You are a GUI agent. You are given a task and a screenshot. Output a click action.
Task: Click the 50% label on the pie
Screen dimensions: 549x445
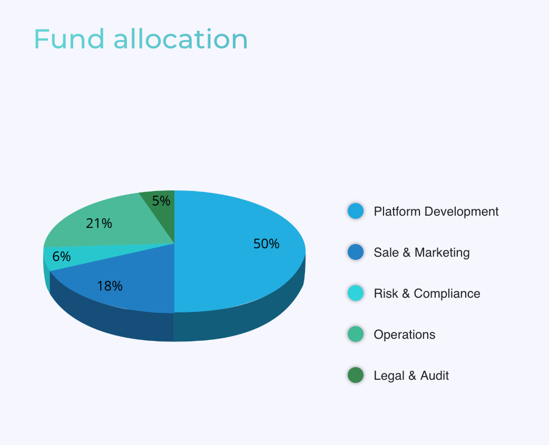point(266,244)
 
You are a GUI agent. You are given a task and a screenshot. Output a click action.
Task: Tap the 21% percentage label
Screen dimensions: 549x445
point(99,224)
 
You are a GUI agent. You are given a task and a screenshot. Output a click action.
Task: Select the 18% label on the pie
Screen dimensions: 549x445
point(110,286)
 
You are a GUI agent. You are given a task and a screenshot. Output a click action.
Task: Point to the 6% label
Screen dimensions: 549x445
point(61,257)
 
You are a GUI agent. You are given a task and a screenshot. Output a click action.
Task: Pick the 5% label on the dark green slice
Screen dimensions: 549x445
point(161,200)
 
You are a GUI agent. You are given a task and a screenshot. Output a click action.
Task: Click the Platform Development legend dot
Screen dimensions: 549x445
point(356,211)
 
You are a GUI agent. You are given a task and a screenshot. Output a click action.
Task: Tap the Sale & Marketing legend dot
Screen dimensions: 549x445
point(356,252)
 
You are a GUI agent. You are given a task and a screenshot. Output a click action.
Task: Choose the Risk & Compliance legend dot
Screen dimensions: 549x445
point(356,293)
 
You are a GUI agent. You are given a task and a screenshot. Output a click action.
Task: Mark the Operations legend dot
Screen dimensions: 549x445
point(356,334)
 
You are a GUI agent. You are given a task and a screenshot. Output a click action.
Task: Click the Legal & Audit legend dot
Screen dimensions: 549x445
point(356,375)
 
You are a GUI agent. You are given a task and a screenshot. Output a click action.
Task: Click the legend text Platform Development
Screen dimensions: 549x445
point(436,211)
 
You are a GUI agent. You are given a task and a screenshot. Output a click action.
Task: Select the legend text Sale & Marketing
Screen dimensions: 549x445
point(421,252)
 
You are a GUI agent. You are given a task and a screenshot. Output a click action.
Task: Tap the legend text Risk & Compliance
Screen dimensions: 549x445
point(427,294)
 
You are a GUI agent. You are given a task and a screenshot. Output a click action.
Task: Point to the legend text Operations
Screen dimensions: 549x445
point(405,335)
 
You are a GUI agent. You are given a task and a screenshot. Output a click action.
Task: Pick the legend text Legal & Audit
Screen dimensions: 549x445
point(411,376)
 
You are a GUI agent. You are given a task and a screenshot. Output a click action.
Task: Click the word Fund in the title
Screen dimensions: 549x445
point(69,39)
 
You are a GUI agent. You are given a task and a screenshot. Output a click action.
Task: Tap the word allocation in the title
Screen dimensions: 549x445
point(181,39)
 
